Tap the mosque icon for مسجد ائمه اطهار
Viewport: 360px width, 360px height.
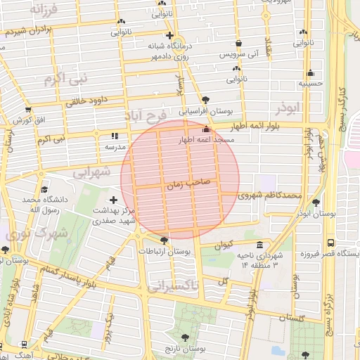tap(206, 129)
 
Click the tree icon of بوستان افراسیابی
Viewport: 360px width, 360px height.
tap(205, 100)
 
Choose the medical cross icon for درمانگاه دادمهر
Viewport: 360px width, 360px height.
tap(169, 35)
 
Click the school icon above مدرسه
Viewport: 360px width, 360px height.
tap(115, 136)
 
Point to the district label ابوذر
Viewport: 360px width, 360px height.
tap(289, 111)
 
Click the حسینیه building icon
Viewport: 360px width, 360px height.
tap(310, 72)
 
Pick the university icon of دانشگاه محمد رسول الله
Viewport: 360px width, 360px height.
tap(45, 190)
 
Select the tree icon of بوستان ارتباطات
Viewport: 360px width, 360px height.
tap(164, 240)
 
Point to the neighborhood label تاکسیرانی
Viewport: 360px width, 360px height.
tap(173, 285)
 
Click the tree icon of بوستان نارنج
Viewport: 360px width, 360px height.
tap(186, 338)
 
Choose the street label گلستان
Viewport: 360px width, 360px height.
tap(296, 317)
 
